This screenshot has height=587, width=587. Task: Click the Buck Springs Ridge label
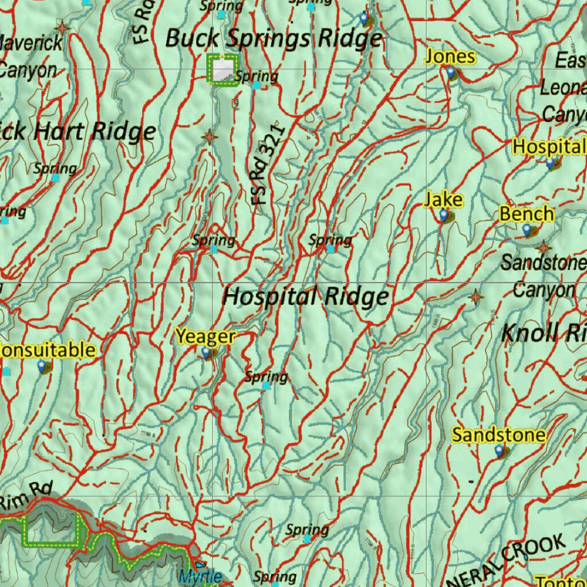tap(273, 38)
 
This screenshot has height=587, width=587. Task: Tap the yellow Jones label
tap(450, 57)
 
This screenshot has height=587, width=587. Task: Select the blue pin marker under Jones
tap(451, 72)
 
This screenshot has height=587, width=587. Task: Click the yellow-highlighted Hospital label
tap(549, 147)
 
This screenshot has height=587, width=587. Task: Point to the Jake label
tap(443, 199)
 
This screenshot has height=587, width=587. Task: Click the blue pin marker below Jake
tap(443, 215)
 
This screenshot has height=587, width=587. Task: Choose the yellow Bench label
tap(527, 214)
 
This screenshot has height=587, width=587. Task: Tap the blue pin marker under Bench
tap(527, 230)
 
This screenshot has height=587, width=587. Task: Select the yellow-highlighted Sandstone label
tap(499, 435)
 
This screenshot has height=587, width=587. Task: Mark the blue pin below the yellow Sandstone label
tap(499, 452)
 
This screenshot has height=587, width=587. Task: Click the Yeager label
tap(205, 336)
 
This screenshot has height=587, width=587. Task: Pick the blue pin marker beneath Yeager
tap(206, 353)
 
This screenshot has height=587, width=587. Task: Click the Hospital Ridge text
tap(306, 297)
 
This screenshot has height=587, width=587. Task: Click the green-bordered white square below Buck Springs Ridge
tap(222, 69)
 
